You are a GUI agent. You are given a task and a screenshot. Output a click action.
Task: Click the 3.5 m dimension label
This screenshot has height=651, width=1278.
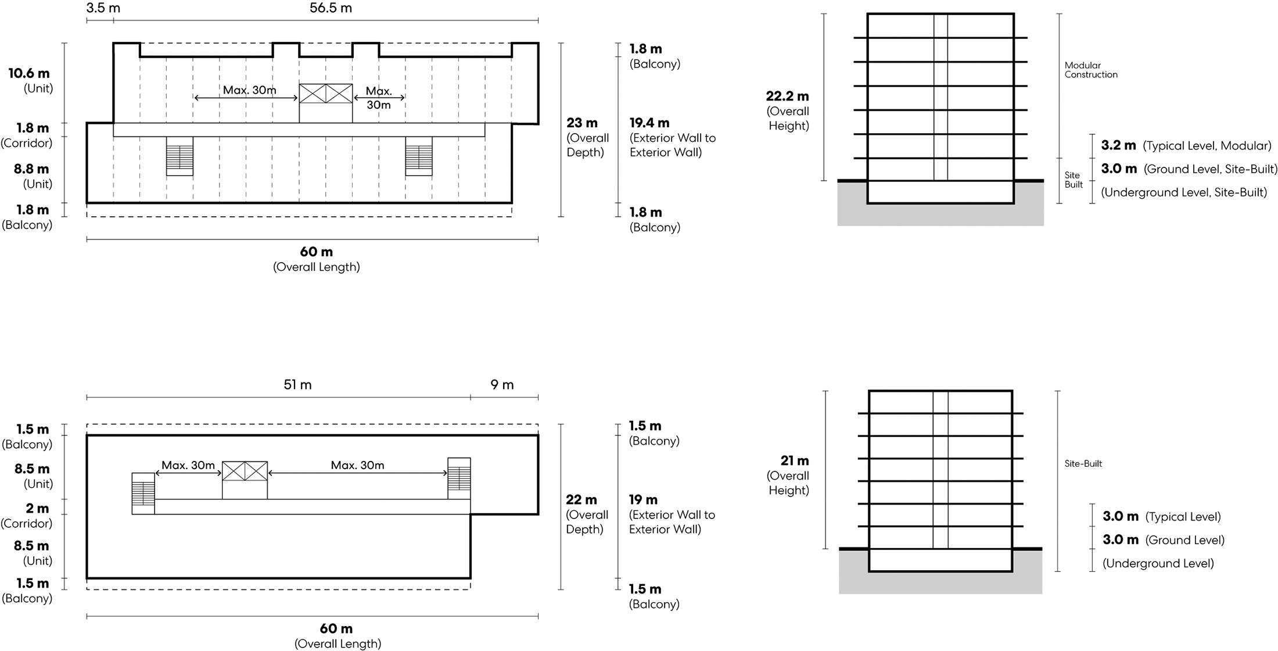coord(103,8)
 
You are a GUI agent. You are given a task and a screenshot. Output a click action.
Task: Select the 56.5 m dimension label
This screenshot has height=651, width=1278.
coord(331,8)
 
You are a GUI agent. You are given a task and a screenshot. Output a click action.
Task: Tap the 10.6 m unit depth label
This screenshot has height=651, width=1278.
coord(29,73)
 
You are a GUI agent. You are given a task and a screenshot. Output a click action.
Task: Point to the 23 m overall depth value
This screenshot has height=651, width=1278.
coord(582,123)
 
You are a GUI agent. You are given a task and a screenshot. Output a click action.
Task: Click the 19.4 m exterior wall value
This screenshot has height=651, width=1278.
coord(649,123)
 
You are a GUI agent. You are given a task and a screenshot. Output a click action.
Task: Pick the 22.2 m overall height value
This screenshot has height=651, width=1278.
coord(787,96)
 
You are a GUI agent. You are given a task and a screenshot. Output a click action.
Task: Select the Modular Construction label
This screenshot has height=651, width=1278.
coord(1090,70)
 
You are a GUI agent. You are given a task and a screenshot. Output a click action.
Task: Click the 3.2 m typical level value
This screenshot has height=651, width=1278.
coord(1118,145)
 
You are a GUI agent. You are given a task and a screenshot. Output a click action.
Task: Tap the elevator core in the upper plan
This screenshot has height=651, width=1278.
coord(325,94)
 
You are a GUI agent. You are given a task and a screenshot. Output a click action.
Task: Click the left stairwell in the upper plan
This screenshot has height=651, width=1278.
coord(180,156)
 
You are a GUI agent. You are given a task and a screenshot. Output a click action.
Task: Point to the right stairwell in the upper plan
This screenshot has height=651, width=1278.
coord(419,156)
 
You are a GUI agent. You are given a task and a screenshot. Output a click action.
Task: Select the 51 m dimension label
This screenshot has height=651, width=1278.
coord(297,385)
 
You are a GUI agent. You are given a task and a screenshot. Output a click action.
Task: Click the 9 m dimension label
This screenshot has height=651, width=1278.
coord(502,385)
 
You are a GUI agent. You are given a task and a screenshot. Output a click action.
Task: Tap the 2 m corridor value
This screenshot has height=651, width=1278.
coord(37,508)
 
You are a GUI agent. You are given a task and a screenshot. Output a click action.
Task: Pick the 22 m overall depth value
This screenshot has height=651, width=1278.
coord(581,500)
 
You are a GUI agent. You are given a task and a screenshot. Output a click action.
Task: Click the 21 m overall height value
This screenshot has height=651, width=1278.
coord(795,461)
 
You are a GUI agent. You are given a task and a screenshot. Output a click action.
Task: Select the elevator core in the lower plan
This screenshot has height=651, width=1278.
coord(245,471)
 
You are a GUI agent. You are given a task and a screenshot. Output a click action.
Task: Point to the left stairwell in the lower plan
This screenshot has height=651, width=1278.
coord(143,493)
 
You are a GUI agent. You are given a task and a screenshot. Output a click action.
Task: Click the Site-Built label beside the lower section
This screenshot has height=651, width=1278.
coord(1083,463)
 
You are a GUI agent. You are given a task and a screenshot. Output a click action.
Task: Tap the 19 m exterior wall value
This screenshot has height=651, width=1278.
coord(643,500)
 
